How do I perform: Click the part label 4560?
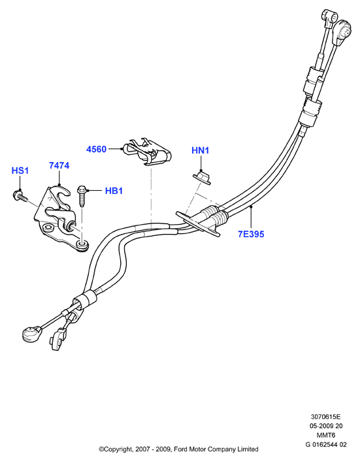tap(96, 149)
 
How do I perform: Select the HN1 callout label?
tap(201, 150)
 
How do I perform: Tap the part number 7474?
tap(59, 165)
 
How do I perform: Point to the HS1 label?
tap(20, 171)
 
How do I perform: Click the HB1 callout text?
tap(114, 191)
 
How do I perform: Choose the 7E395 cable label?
tap(251, 234)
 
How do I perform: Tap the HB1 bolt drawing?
tap(82, 195)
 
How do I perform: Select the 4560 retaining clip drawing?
tap(147, 152)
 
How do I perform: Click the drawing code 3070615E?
tap(325, 417)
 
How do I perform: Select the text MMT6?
tap(326, 435)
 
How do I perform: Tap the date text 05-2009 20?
tap(326, 426)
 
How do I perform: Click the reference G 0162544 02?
tap(326, 444)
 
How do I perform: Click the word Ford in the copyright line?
tap(180, 450)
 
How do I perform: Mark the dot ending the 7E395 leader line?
tap(251, 207)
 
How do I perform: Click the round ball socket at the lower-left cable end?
tap(31, 334)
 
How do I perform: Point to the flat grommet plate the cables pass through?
tap(198, 223)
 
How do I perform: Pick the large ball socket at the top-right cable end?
tap(344, 30)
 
